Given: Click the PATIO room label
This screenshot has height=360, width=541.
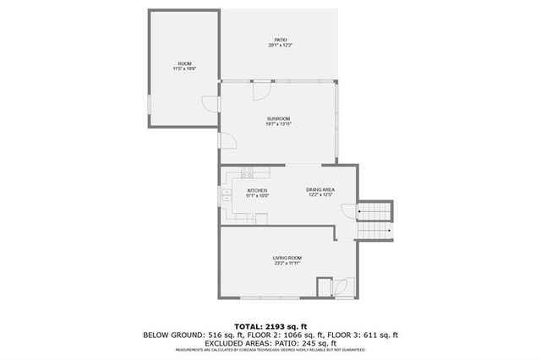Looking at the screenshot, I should pyautogui.click(x=281, y=40).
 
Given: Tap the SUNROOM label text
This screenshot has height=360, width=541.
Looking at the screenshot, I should pyautogui.click(x=279, y=118).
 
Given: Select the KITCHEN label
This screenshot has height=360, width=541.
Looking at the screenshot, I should pyautogui.click(x=258, y=191).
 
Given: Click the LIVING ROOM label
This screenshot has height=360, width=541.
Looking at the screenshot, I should pyautogui.click(x=287, y=258).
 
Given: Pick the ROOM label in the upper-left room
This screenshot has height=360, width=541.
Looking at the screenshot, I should pyautogui.click(x=184, y=65).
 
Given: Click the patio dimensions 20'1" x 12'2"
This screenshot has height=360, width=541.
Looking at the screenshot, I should pyautogui.click(x=281, y=46).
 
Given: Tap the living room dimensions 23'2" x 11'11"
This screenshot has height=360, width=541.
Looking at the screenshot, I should pyautogui.click(x=287, y=264).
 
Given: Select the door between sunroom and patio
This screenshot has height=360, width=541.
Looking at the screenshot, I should pyautogui.click(x=261, y=89).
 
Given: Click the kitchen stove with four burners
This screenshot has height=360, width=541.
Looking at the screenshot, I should pyautogui.click(x=246, y=173).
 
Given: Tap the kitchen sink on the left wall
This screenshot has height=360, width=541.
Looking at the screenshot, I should pyautogui.click(x=227, y=195).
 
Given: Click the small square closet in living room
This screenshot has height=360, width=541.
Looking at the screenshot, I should pyautogui.click(x=325, y=287).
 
